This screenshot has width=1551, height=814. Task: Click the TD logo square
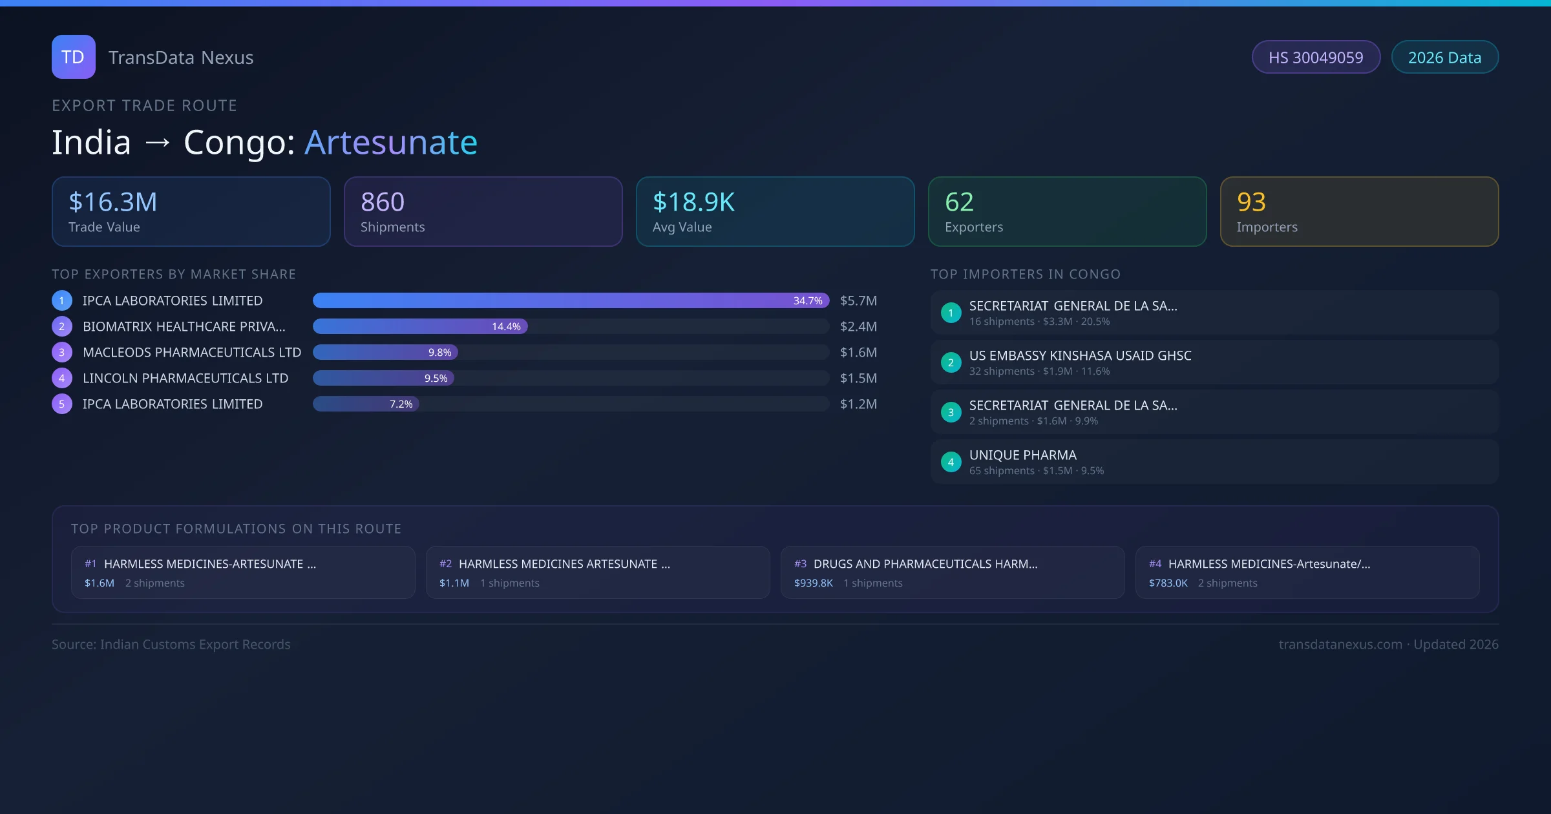click(73, 57)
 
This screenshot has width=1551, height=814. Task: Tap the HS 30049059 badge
click(1316, 57)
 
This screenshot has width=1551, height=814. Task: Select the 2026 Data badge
click(1444, 57)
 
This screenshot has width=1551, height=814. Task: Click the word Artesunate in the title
click(391, 142)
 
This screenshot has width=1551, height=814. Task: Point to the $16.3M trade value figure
click(113, 202)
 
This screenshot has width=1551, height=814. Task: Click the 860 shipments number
click(383, 202)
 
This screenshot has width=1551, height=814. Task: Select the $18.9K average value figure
click(693, 202)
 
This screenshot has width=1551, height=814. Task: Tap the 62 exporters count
click(959, 202)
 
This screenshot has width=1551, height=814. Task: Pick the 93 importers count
click(1251, 202)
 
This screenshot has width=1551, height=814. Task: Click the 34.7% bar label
click(808, 300)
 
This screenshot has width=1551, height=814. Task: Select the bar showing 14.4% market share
click(420, 326)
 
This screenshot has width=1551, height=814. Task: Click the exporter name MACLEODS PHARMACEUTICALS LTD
click(192, 352)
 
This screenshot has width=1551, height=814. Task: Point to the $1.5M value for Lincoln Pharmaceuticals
click(858, 378)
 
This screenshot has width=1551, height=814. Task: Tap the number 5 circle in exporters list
click(62, 404)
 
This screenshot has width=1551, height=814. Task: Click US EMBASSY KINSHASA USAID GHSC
click(1080, 355)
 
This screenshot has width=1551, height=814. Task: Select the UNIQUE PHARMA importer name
click(1022, 455)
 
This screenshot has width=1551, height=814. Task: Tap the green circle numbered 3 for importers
click(951, 412)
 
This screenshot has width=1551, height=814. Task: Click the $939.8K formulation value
click(813, 583)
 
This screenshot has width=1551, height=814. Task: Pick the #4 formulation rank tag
click(1155, 564)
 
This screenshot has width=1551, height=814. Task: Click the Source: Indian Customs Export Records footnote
click(171, 644)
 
